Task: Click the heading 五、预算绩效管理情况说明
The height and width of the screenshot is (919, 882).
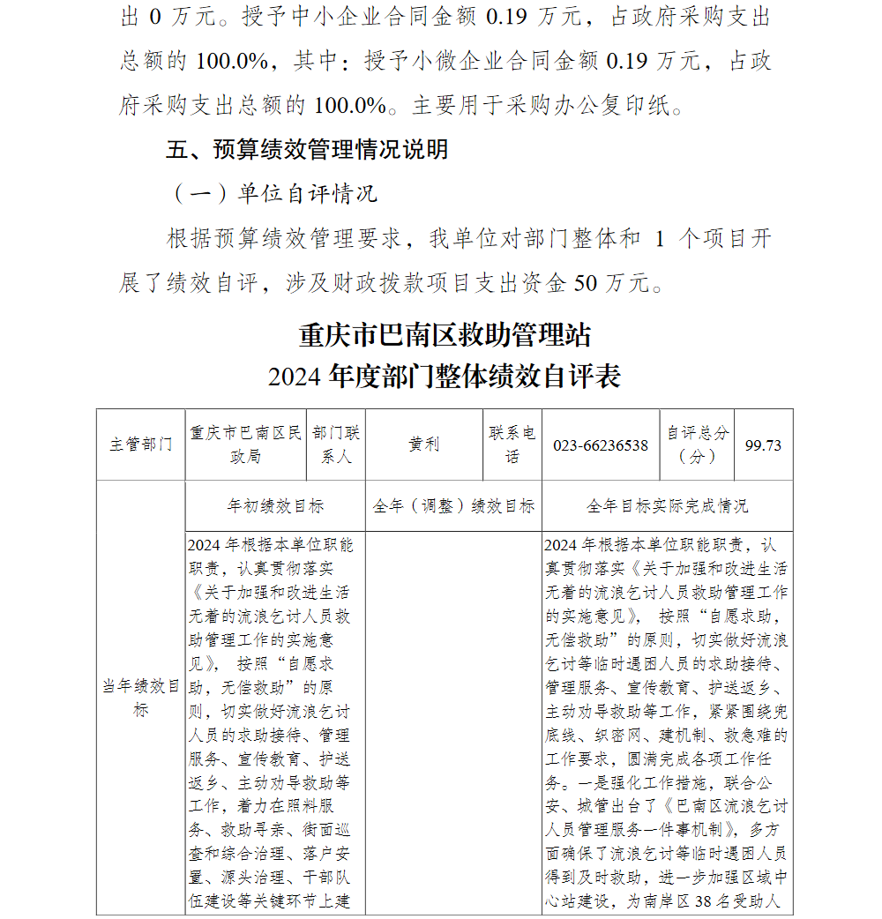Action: [307, 149]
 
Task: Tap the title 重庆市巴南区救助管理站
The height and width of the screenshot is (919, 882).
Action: [445, 335]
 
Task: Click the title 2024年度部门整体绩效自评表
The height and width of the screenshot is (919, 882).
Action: [445, 377]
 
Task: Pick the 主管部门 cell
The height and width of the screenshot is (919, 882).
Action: [141, 445]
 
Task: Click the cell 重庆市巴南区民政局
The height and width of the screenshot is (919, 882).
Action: [246, 445]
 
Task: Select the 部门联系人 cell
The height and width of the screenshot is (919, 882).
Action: [336, 445]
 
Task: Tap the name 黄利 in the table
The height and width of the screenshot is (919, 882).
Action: [423, 445]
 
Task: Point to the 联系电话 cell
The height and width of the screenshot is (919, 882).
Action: [512, 445]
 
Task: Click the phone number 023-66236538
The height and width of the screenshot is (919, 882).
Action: [601, 445]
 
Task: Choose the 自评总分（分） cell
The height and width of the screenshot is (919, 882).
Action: [698, 445]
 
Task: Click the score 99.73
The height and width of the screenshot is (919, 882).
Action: [763, 445]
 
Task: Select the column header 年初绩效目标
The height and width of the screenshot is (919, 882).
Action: [275, 506]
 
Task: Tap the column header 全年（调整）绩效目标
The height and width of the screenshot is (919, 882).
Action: [453, 506]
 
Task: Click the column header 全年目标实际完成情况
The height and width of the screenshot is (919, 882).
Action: [667, 506]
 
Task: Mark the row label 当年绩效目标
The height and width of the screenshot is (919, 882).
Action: [141, 698]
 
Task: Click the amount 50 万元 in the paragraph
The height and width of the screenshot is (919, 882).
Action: [612, 282]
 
